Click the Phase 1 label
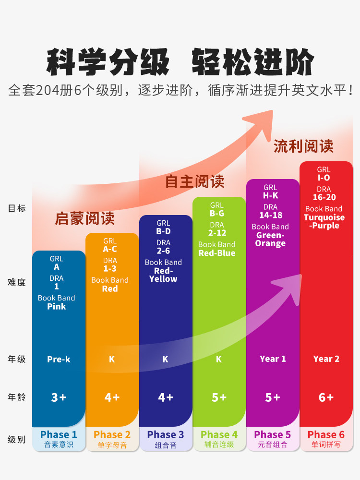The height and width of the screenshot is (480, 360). point(59,435)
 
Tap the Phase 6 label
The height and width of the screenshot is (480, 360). point(326,435)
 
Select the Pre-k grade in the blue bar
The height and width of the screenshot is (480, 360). point(59,359)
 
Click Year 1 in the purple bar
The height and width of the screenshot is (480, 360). point(273,359)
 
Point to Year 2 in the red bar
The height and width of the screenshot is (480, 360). point(326,359)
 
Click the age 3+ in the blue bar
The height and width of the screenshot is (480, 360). point(59,397)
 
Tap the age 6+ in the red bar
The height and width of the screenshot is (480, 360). point(326,397)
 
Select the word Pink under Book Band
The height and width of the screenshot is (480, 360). point(57,307)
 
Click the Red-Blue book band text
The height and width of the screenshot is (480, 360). point(217,253)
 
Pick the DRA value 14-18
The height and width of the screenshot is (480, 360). point(271,216)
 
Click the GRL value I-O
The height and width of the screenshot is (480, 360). point(324,178)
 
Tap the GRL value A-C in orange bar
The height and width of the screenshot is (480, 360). point(110,249)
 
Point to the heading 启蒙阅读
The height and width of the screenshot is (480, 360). point(85,219)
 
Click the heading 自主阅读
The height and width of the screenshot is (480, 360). point(195,181)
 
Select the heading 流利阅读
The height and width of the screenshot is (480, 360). point(303,146)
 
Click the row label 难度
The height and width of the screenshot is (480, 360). point(17,282)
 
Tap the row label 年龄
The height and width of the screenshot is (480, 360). point(17,397)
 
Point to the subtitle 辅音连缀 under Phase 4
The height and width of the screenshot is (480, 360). point(219,445)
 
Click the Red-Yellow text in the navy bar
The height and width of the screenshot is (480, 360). point(163,275)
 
